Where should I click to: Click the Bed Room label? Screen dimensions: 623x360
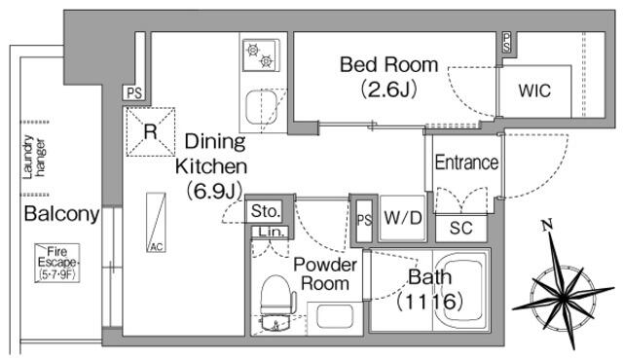tap(388, 64)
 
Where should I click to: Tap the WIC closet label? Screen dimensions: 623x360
tap(534, 90)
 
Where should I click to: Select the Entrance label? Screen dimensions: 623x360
tap(466, 162)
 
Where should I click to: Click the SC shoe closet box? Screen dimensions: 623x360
tap(460, 228)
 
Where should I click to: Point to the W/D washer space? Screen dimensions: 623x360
tap(402, 218)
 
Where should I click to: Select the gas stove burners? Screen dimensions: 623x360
tap(260, 55)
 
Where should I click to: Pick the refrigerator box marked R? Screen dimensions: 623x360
tap(151, 131)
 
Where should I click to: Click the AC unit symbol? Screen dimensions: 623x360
tap(156, 222)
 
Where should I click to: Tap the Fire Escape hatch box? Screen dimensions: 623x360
tap(57, 263)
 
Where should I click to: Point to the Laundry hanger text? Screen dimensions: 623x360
tap(34, 158)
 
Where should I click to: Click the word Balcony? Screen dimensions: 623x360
tap(61, 213)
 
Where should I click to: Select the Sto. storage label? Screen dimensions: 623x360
tap(265, 211)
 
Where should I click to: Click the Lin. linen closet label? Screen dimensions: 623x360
tap(272, 232)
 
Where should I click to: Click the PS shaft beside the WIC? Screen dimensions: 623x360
tap(506, 43)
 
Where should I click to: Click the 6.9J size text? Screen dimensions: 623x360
tap(214, 191)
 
